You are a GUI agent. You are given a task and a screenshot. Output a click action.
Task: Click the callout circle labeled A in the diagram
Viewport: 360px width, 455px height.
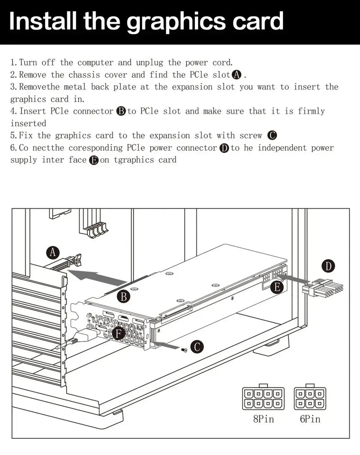click(x=54, y=252)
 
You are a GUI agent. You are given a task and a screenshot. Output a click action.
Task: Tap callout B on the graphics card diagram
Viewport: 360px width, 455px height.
click(x=123, y=297)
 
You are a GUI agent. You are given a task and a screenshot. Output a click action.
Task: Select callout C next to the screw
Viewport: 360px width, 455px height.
click(x=197, y=347)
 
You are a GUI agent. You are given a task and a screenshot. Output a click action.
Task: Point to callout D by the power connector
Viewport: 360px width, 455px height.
click(x=329, y=266)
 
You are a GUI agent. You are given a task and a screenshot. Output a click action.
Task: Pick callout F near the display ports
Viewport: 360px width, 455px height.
click(x=119, y=334)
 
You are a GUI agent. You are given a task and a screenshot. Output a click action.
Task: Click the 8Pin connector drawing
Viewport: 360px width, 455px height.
click(x=264, y=398)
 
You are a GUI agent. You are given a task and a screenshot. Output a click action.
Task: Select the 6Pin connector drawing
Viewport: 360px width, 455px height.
click(x=310, y=398)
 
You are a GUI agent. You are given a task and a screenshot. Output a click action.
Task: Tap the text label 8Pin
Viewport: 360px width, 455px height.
click(x=264, y=419)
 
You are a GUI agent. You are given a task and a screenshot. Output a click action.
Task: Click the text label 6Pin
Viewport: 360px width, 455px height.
click(x=310, y=419)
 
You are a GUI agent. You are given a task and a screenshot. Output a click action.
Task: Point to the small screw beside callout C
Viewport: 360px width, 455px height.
click(x=184, y=350)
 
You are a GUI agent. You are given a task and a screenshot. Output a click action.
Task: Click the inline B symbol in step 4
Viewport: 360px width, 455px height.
click(x=121, y=112)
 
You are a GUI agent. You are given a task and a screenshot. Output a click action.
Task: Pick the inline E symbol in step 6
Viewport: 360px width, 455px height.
click(x=94, y=160)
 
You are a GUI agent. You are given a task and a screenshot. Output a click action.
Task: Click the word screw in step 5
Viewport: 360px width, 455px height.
click(x=251, y=135)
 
